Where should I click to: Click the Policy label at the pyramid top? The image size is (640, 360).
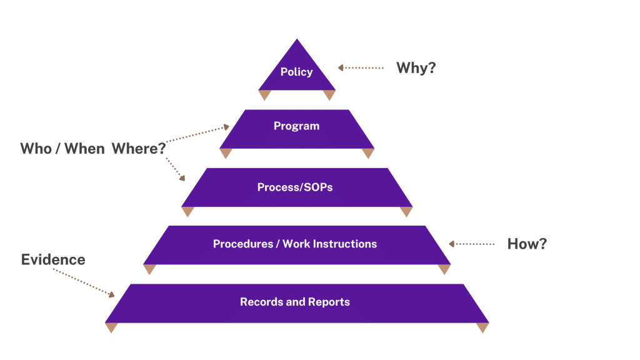296,72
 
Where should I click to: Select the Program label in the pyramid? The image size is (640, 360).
296,126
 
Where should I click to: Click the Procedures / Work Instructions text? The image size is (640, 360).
295,244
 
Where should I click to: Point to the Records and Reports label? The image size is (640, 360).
295,302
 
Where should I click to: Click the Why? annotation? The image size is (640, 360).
416,68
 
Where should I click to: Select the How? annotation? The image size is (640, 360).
527,244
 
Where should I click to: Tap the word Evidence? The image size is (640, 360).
53,259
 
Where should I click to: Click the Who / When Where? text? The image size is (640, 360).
93,149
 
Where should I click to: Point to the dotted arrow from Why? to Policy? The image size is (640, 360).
361,67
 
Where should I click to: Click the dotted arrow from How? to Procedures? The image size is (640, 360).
471,244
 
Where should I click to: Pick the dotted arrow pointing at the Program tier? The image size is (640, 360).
199,134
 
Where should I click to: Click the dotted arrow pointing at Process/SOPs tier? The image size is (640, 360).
176,169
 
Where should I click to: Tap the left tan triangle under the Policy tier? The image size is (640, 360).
264,94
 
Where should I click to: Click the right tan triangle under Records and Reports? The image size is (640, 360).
482,327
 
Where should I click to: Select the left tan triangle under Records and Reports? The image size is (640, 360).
111,327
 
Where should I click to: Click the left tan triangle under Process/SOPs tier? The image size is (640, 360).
187,211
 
